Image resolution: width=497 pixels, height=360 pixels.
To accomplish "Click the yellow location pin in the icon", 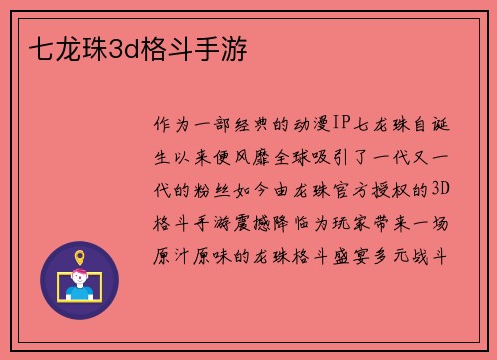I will [80, 261].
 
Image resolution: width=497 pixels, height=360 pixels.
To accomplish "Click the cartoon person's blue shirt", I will [80, 293].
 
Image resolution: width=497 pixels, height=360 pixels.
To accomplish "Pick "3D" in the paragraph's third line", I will [443, 189].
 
